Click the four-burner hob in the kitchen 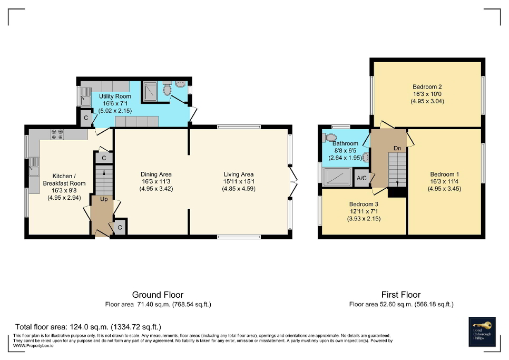pyautogui.click(x=56, y=134)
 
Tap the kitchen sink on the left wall pyautogui.click(x=34, y=171)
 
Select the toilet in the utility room pyautogui.click(x=168, y=90)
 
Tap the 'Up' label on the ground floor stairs pyautogui.click(x=104, y=200)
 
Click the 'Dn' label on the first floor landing pyautogui.click(x=397, y=149)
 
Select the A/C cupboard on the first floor pyautogui.click(x=362, y=178)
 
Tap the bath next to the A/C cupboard pyautogui.click(x=338, y=177)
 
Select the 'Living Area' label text pyautogui.click(x=239, y=174)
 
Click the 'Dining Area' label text pyautogui.click(x=156, y=174)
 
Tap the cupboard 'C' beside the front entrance pyautogui.click(x=120, y=227)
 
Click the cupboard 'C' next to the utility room pyautogui.click(x=85, y=118)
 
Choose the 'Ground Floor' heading pyautogui.click(x=158, y=295)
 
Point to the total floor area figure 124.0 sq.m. pyautogui.click(x=87, y=327)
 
